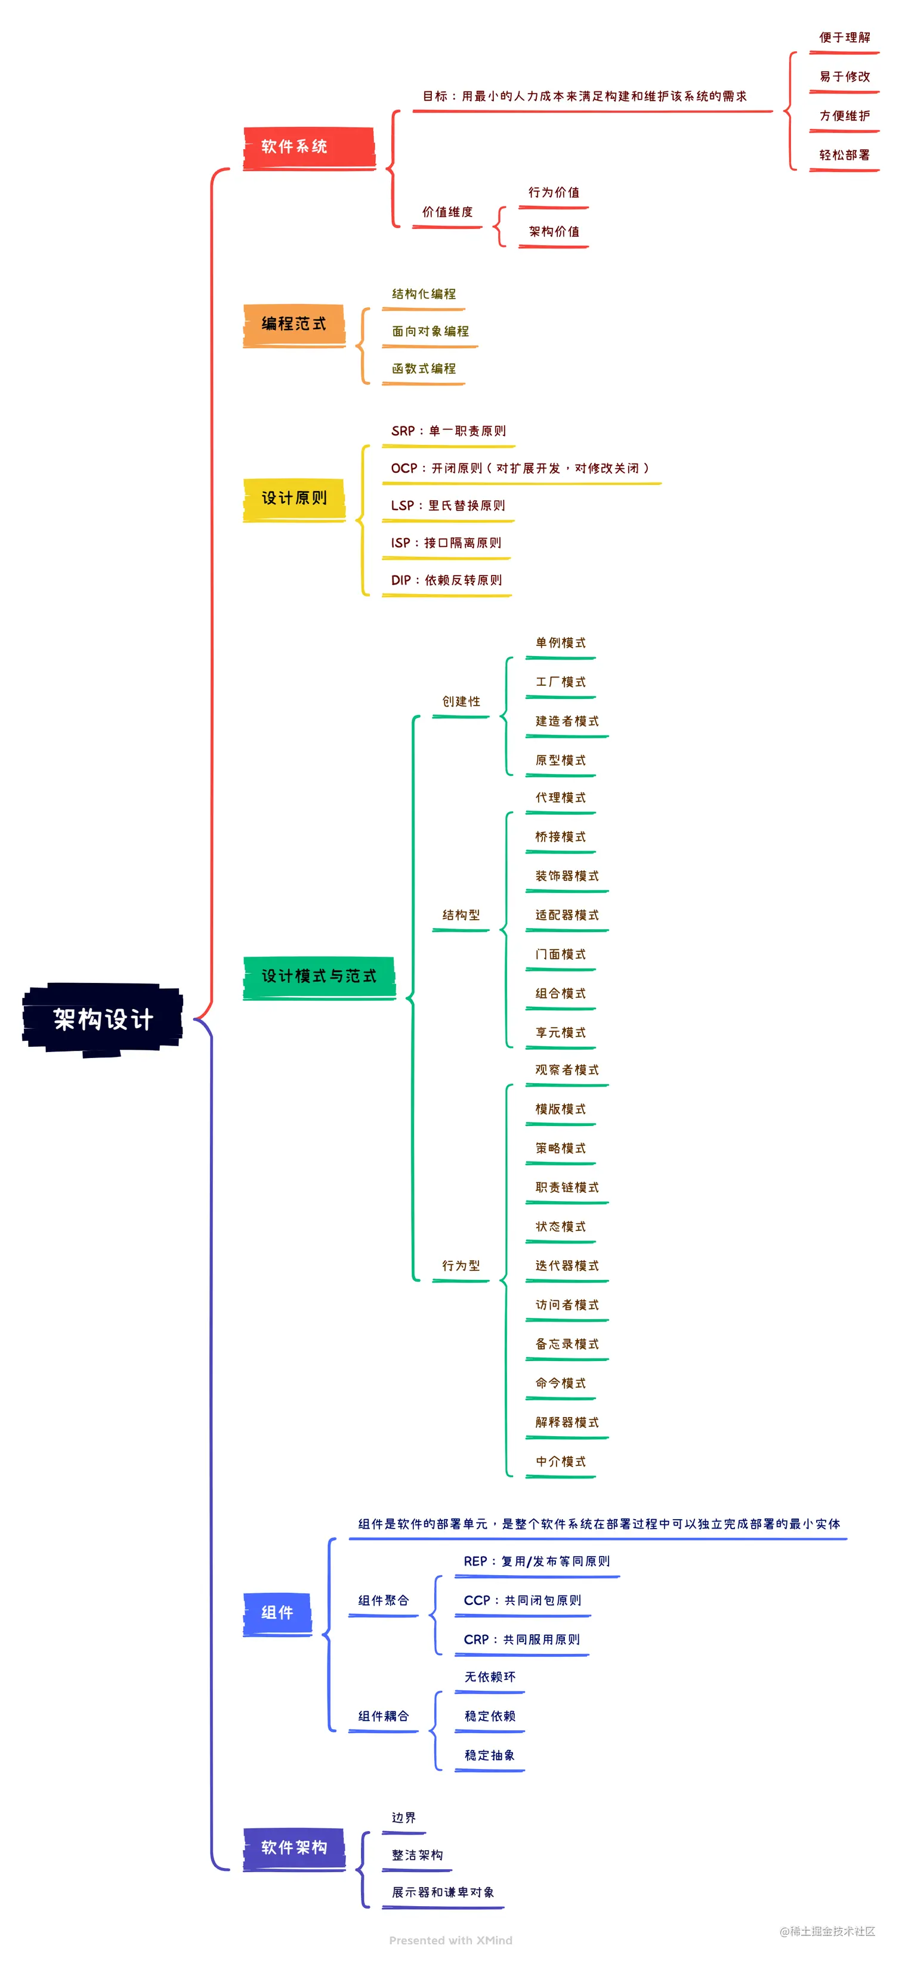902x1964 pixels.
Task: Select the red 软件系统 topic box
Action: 308,147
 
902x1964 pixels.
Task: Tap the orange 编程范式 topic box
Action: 294,324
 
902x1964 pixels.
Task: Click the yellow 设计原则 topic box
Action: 294,499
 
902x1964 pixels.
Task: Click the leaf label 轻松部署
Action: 844,155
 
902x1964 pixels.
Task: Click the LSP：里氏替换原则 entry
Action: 447,506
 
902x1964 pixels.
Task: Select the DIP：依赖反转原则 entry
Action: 446,580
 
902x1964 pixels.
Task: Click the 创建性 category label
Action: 461,701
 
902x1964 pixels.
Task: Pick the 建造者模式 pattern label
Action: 567,721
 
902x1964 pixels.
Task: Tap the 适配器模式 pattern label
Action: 567,915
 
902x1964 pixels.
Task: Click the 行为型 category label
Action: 461,1266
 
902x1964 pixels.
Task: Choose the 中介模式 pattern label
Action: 560,1462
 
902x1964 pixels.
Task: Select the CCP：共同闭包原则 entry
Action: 523,1600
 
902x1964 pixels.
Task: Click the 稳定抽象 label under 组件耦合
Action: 490,1755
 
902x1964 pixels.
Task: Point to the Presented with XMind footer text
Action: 450,1940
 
